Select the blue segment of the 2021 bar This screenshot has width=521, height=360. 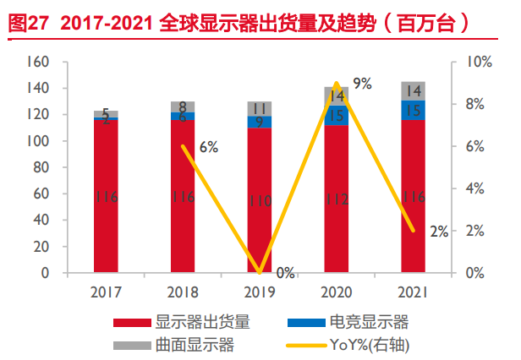414,110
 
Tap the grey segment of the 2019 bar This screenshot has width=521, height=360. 260,108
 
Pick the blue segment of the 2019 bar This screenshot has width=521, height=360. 260,122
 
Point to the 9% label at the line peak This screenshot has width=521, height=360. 362,83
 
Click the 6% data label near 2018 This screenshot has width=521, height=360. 208,147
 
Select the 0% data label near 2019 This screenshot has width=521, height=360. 285,272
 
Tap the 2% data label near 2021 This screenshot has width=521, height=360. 438,232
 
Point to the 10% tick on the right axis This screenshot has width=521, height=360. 478,62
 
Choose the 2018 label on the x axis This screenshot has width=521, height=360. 183,292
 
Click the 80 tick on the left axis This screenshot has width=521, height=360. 39,167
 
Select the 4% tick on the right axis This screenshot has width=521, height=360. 474,188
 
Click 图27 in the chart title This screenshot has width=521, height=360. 25,24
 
